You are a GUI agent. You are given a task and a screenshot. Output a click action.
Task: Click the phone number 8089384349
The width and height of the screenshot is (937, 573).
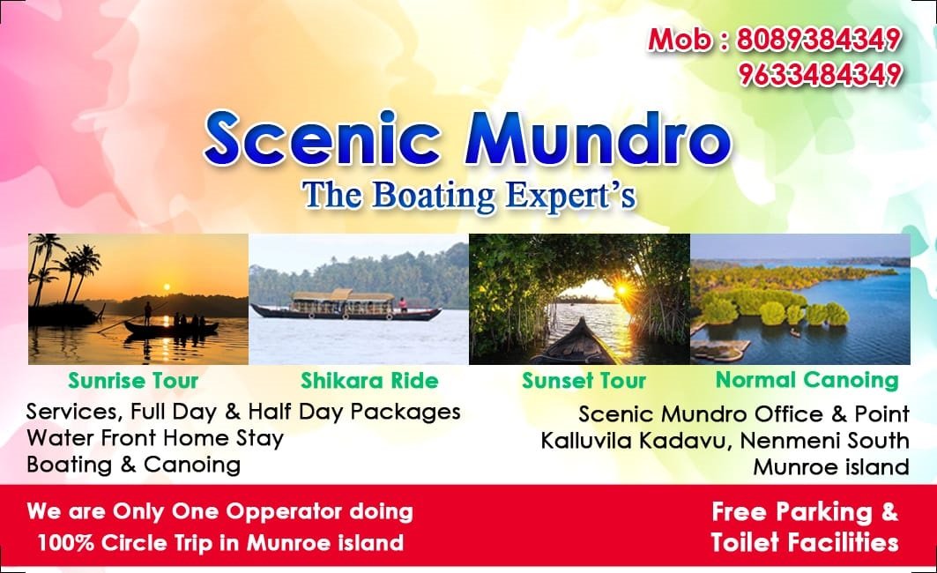point(819,40)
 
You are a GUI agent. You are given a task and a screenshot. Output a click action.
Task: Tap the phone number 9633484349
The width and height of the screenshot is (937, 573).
point(820,75)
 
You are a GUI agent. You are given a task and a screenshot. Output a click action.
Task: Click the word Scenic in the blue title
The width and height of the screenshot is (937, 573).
point(323,138)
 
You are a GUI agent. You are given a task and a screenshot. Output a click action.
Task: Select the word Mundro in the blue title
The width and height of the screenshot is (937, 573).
point(604,138)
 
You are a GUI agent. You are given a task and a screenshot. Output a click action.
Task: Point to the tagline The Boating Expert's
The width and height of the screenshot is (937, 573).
point(469,196)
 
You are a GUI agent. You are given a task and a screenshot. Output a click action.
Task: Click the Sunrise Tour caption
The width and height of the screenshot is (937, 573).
point(133,381)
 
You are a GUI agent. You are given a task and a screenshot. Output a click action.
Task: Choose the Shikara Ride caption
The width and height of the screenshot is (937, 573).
point(369,381)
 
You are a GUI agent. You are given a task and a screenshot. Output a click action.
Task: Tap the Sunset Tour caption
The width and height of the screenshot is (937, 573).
point(584,381)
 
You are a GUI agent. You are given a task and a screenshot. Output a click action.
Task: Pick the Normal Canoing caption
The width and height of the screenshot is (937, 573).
point(807,380)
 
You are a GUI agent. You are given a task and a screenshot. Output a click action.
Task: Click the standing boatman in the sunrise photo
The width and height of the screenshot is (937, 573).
point(147,314)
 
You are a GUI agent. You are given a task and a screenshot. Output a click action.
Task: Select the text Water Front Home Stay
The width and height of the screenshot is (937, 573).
point(155,438)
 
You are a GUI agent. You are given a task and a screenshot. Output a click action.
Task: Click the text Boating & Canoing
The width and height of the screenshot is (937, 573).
point(134,465)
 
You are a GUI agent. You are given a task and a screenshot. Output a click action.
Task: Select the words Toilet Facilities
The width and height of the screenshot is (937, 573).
point(805,542)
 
